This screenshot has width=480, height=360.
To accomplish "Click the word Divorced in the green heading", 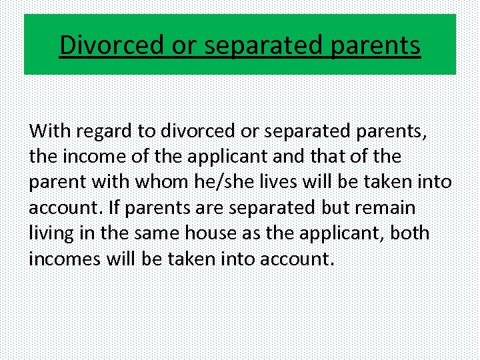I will pos(109,45).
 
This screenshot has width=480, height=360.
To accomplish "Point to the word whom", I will pos(179,182).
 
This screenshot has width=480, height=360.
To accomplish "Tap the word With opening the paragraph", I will pos(45,131).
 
